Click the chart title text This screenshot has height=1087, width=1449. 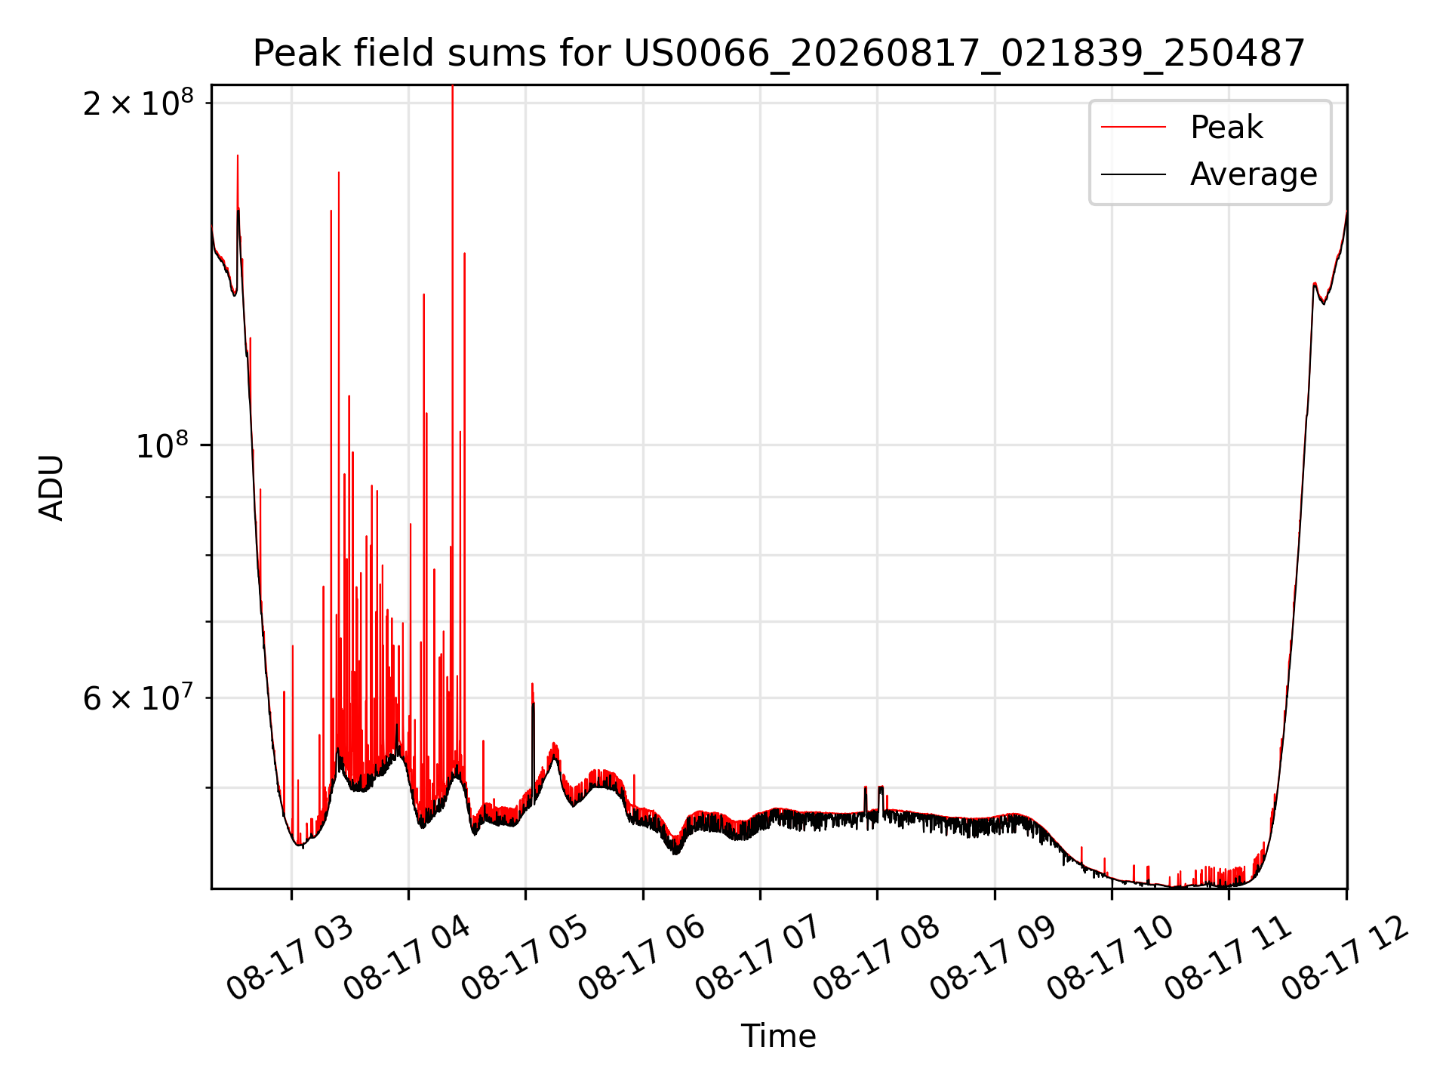point(779,54)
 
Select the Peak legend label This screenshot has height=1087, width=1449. point(1226,128)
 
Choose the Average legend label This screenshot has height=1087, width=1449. point(1254,174)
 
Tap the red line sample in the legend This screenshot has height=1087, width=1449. point(1134,128)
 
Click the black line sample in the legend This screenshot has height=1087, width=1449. point(1134,174)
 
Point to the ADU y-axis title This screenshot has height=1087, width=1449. point(51,487)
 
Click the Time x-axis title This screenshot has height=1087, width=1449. point(778,1036)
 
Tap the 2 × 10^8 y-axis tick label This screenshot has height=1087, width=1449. point(138,103)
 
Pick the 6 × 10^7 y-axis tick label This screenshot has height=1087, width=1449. point(138,698)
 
